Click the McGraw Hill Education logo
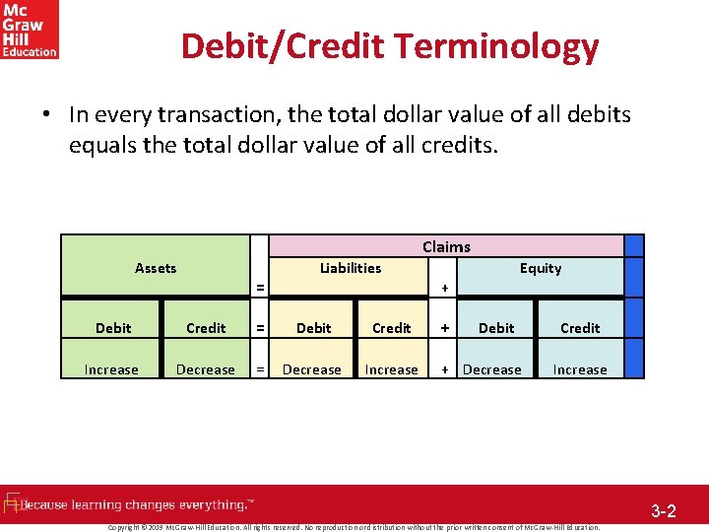point(30,30)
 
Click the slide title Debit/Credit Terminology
point(390,46)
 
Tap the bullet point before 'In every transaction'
point(47,115)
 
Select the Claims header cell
point(446,246)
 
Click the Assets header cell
point(156,268)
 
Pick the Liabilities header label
point(351,268)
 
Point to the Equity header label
point(541,268)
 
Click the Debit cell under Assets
point(113,328)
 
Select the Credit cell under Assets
point(206,328)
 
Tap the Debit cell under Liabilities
point(314,328)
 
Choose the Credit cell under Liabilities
point(392,328)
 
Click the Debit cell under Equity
point(496,328)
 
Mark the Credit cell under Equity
point(580,328)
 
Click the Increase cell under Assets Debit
point(111,369)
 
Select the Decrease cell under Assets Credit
point(206,369)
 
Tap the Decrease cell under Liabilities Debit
point(312,369)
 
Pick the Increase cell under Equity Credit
point(580,369)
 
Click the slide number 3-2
point(663,511)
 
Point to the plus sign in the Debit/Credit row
point(445,328)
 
